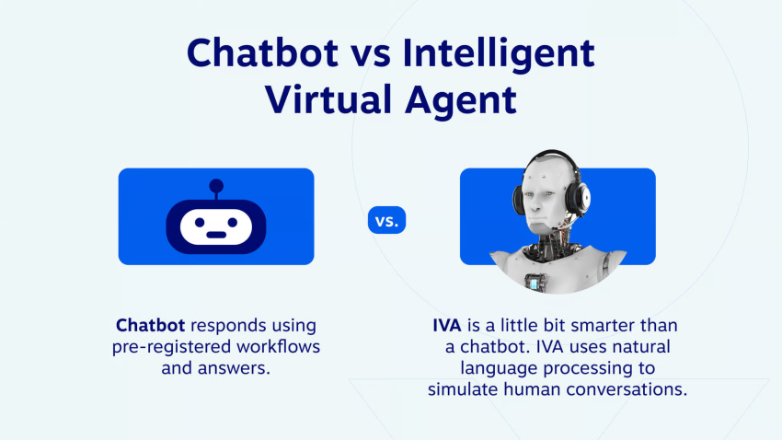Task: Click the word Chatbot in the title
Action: tap(262, 52)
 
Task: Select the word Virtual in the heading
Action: tap(328, 98)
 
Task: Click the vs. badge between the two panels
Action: tap(387, 220)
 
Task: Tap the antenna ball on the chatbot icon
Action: tap(216, 186)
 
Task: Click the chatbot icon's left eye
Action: tap(200, 223)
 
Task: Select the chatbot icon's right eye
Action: tap(233, 223)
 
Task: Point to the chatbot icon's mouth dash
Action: tap(216, 235)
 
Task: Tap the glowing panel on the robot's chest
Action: tap(535, 284)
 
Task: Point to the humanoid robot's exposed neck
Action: tap(550, 237)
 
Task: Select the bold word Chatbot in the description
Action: tap(151, 325)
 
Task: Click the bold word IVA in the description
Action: tap(447, 325)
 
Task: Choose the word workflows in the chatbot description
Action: tap(278, 346)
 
